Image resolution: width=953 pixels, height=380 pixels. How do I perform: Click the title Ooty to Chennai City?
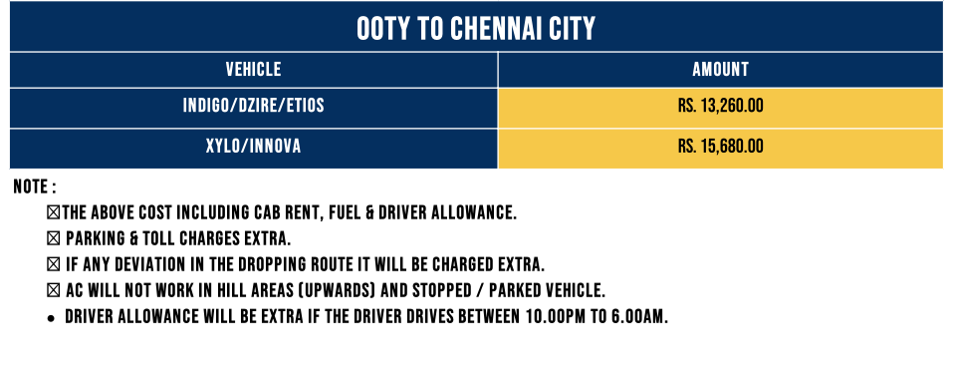[476, 28]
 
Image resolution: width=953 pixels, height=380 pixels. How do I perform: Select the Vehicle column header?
[254, 70]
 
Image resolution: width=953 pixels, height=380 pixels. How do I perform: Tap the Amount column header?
[720, 70]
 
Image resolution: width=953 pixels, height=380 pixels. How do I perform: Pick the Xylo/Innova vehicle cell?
[254, 147]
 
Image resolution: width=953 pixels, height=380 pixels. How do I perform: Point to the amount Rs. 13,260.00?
[720, 106]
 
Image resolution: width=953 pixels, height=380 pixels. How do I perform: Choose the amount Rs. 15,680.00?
[720, 147]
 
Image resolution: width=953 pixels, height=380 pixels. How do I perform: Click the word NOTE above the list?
[31, 187]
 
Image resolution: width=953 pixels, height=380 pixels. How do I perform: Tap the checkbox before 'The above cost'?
[54, 212]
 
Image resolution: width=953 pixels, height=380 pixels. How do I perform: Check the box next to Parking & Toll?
[54, 238]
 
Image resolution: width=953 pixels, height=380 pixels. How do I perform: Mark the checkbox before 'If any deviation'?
[54, 265]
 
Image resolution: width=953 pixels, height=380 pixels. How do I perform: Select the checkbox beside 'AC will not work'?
[54, 291]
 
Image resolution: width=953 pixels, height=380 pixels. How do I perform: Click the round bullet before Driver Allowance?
[52, 318]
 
